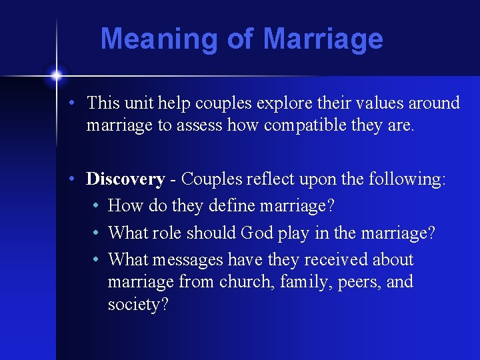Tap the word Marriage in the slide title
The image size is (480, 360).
323,39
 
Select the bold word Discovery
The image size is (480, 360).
125,179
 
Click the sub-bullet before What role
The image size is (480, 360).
97,233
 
